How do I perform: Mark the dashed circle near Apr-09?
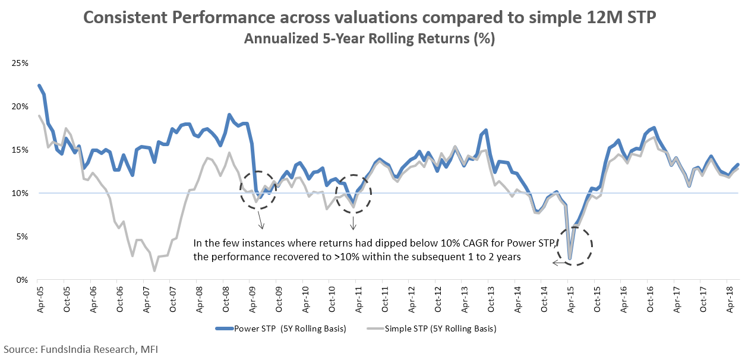[x=258, y=190]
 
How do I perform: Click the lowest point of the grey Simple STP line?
[x=154, y=271]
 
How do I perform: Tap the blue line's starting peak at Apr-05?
[x=39, y=86]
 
